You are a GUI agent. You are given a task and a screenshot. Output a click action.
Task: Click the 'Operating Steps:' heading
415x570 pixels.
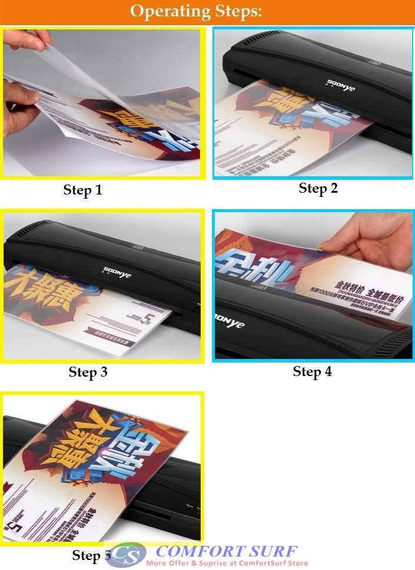click(196, 12)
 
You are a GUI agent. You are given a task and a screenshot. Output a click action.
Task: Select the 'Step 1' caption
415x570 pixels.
click(82, 190)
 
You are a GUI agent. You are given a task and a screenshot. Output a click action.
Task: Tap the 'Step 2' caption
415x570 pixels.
click(318, 188)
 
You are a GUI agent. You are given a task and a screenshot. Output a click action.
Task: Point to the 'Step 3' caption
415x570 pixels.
click(88, 372)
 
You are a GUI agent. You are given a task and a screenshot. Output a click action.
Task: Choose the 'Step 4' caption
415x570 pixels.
click(312, 371)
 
